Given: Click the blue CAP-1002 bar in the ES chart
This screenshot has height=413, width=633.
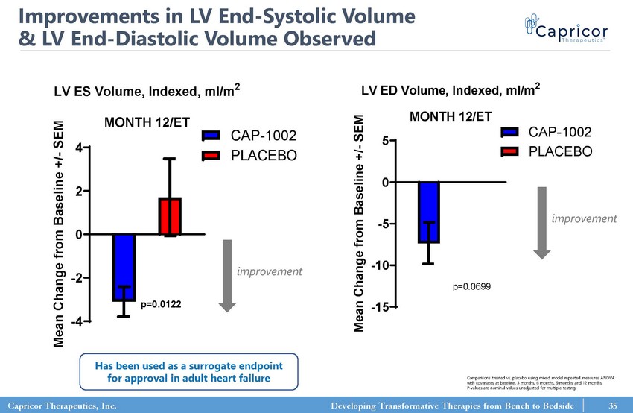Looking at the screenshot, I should (124, 267).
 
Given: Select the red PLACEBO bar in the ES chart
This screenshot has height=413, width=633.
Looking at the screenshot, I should (170, 216).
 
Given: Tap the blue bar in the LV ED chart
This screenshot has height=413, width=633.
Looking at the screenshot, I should (428, 212).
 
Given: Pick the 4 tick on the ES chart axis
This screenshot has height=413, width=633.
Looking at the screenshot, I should (79, 148).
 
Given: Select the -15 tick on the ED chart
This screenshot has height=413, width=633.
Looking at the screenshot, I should (381, 308).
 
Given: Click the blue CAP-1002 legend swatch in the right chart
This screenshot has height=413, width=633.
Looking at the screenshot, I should (510, 133).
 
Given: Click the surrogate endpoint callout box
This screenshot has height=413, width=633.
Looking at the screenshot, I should (188, 371).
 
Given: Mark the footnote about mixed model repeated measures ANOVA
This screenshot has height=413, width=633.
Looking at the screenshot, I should (531, 383).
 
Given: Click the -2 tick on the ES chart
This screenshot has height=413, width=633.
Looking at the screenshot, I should (77, 278).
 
